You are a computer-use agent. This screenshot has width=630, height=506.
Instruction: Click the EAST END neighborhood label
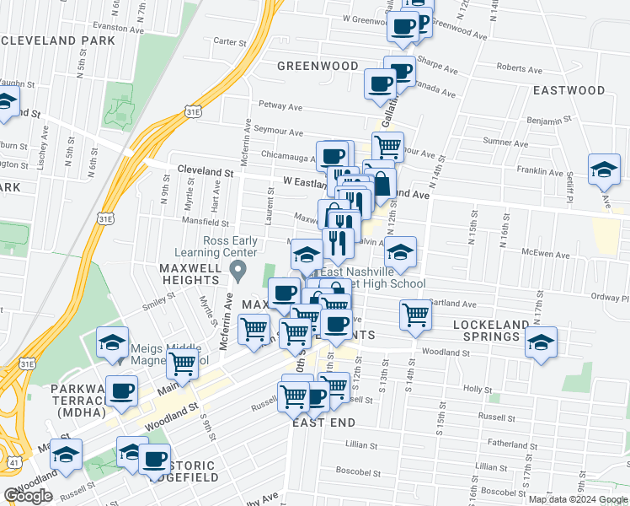(323, 422)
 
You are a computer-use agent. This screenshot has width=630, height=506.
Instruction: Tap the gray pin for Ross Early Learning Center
(238, 272)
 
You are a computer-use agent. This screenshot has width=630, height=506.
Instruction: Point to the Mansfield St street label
(207, 223)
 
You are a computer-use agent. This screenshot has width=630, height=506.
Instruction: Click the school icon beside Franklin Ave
(605, 170)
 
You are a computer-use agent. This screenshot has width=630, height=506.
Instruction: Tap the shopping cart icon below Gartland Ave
(415, 314)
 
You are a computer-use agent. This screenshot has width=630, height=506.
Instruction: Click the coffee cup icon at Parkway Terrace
(124, 391)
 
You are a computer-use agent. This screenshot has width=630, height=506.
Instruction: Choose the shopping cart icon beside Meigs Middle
(182, 365)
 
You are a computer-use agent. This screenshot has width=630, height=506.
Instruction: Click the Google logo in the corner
(28, 496)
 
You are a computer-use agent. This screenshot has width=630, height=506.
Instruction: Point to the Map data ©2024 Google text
(578, 498)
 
